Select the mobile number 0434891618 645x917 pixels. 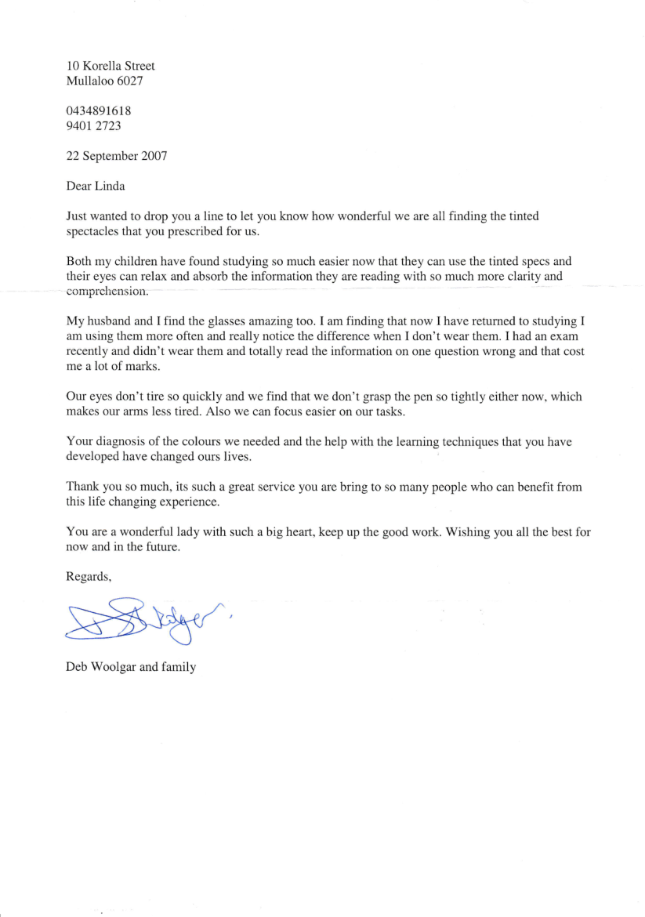point(99,111)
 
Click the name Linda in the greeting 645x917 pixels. point(111,187)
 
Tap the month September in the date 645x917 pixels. point(109,156)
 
